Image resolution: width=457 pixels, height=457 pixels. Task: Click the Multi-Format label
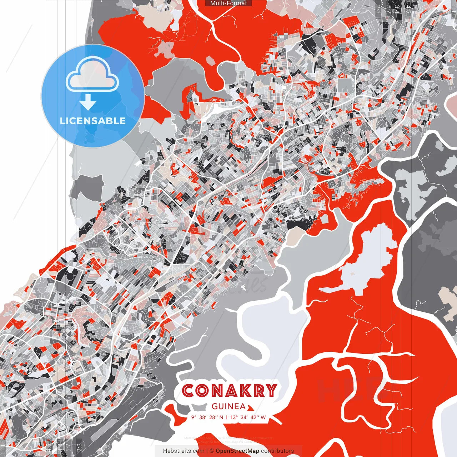point(228,3)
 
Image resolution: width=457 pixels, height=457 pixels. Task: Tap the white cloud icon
point(92,75)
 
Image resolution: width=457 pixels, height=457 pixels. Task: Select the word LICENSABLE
point(92,121)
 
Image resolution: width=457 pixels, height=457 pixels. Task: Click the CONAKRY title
point(230,391)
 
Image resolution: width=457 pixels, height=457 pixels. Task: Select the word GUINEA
point(228,406)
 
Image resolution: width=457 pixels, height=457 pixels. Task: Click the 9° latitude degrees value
point(194,417)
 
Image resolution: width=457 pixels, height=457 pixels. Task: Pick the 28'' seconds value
point(213,417)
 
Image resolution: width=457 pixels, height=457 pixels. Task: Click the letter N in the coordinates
point(221,417)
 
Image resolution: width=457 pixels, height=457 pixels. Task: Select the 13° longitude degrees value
point(234,417)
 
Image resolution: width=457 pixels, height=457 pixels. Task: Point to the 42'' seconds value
point(255,417)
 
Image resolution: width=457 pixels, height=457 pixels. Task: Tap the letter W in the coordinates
point(263,417)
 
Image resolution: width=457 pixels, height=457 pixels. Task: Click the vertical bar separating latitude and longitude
point(227,417)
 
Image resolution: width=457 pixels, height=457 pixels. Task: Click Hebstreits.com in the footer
point(184,451)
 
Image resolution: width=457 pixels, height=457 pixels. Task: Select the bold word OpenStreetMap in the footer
point(237,451)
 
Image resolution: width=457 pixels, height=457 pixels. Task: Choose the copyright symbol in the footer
point(212,451)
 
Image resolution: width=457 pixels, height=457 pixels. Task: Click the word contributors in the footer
point(277,451)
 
